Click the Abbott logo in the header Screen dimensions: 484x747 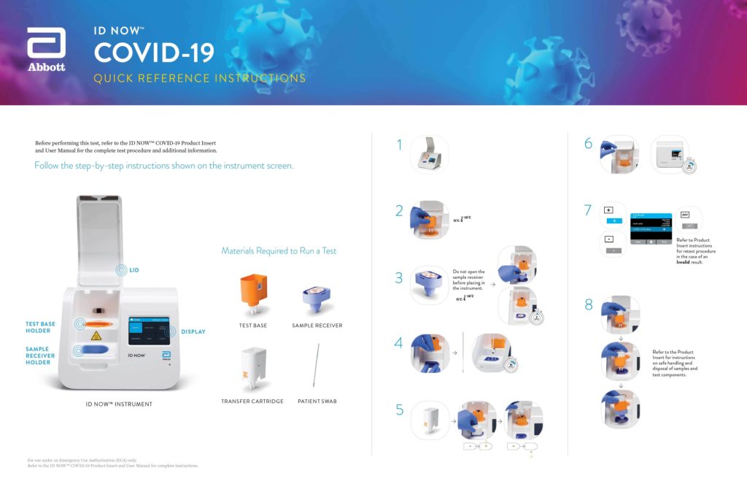46,50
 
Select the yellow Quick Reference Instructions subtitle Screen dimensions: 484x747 200,78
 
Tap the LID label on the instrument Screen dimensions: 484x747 133,270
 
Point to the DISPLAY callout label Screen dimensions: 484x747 193,331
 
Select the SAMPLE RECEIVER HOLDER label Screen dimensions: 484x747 38,356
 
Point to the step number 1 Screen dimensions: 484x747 399,145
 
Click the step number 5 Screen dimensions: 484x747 400,410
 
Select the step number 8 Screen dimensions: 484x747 589,305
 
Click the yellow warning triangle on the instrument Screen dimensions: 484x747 96,336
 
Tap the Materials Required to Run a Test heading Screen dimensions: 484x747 279,251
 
